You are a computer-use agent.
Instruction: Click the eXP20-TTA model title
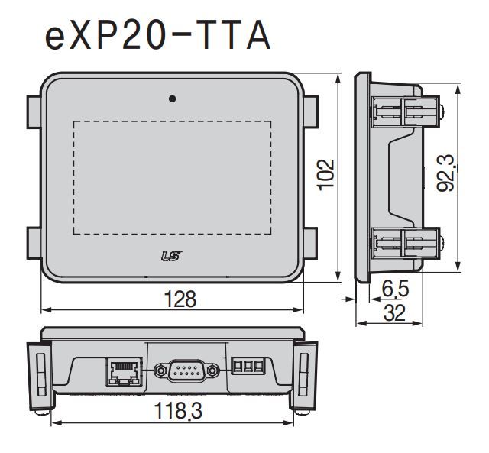(158, 35)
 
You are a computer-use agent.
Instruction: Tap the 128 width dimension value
(180, 299)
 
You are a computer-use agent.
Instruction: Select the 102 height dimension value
(326, 174)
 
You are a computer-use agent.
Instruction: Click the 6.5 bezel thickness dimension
(395, 289)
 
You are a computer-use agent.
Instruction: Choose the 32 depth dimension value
(394, 312)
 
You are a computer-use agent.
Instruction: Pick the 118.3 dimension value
(178, 410)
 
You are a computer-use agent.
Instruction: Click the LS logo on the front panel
(172, 256)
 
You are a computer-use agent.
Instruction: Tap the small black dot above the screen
(172, 99)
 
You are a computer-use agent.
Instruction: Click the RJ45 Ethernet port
(124, 371)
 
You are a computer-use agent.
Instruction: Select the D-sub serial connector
(186, 370)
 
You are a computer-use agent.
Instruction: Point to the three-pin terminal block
(248, 366)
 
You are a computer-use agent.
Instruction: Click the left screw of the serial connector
(161, 370)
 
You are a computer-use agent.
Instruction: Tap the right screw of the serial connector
(212, 370)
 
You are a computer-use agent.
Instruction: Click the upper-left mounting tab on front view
(34, 112)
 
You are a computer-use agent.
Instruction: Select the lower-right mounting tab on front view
(310, 243)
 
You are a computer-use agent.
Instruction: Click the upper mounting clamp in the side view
(406, 112)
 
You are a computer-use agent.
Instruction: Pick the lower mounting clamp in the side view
(406, 244)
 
